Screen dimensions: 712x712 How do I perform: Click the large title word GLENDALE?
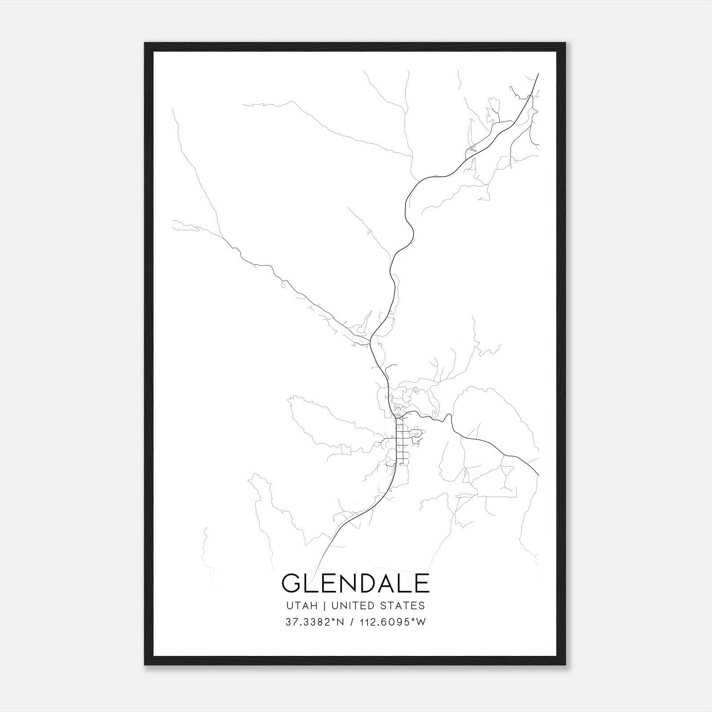point(356,583)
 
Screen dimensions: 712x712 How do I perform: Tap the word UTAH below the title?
point(302,606)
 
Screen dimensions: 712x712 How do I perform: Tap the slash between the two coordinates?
point(352,622)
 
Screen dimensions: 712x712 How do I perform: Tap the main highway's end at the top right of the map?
point(539,74)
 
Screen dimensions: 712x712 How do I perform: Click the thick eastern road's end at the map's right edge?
point(538,475)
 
